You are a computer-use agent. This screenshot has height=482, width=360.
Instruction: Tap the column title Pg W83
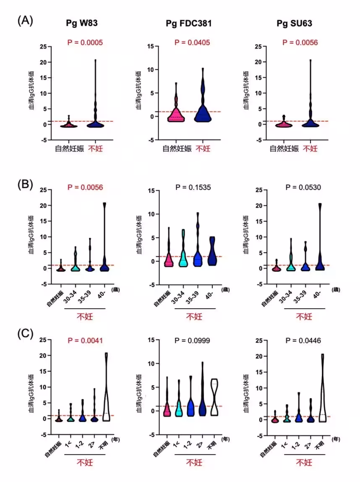(82, 24)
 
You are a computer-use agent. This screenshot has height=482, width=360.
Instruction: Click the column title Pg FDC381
(188, 24)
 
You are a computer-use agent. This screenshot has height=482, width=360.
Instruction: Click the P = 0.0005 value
(85, 42)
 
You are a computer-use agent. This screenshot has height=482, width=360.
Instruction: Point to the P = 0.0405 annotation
(192, 42)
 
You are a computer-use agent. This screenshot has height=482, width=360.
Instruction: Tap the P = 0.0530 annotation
(300, 187)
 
